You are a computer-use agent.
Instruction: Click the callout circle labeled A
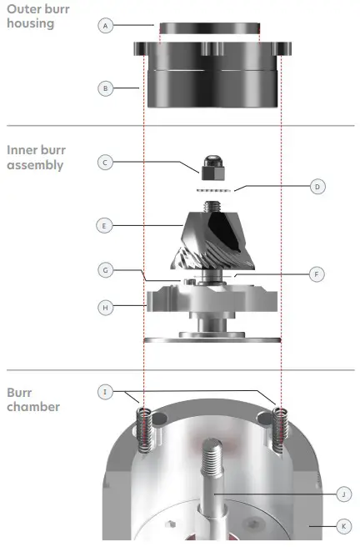(x=105, y=26)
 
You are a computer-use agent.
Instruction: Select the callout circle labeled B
(x=105, y=88)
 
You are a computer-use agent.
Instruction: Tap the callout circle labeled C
(x=105, y=163)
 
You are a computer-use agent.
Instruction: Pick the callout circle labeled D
(x=317, y=187)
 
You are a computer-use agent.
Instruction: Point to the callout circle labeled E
(x=105, y=225)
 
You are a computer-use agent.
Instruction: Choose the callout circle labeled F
(x=317, y=273)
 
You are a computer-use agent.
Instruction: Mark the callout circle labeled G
(x=105, y=270)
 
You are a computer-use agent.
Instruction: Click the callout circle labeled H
(x=105, y=308)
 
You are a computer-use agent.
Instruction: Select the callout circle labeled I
(x=105, y=391)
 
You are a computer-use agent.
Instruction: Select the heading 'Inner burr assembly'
(x=36, y=158)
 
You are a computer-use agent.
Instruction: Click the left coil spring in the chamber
(x=145, y=430)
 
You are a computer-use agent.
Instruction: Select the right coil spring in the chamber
(x=280, y=430)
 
